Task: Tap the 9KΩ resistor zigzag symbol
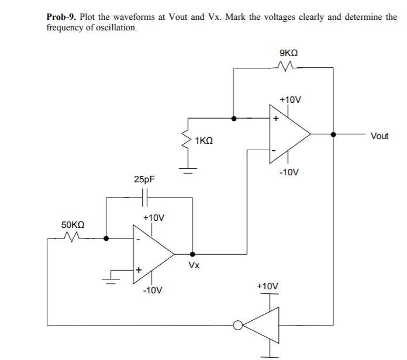pos(290,68)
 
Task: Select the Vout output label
pos(380,136)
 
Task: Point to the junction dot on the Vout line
pos(333,134)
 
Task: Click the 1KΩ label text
pos(204,141)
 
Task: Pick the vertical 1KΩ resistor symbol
pos(187,140)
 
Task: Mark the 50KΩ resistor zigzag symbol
pos(71,237)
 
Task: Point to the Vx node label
pos(194,266)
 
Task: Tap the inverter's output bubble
pos(237,325)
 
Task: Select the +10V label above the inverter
pos(268,286)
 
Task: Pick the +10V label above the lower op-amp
pos(154,217)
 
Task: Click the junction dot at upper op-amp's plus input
pos(234,118)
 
